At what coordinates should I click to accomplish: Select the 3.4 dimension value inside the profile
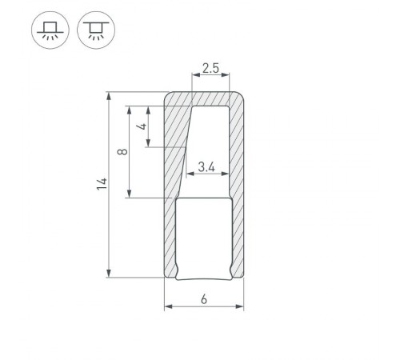[207, 166]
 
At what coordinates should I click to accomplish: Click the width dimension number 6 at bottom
[204, 300]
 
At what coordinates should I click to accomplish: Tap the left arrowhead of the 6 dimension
[167, 307]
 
